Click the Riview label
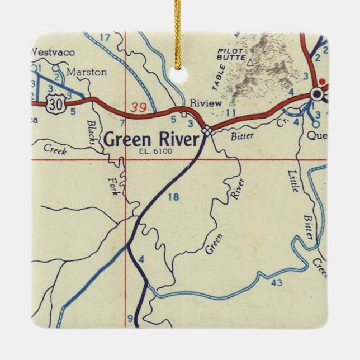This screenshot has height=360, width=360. click(206, 103)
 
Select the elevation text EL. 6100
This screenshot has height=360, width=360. click(158, 151)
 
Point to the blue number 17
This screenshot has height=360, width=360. click(105, 38)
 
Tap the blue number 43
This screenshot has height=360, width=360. click(276, 283)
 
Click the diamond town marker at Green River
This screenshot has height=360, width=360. click(207, 130)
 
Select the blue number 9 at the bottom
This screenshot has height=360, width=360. click(131, 319)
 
